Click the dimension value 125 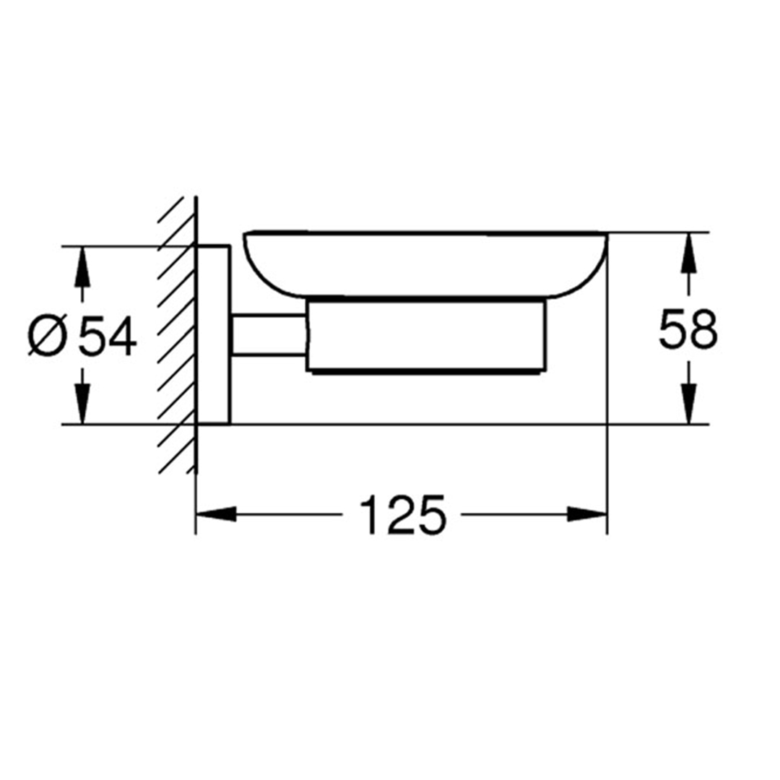(x=403, y=514)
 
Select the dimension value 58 (x=688, y=329)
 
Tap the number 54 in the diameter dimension (x=108, y=335)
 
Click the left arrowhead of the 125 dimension (x=215, y=514)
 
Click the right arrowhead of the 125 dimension (x=587, y=514)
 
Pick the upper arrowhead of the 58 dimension (x=688, y=253)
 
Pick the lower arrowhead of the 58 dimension (x=688, y=404)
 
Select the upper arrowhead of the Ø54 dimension (x=82, y=266)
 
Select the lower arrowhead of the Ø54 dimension (x=82, y=404)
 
